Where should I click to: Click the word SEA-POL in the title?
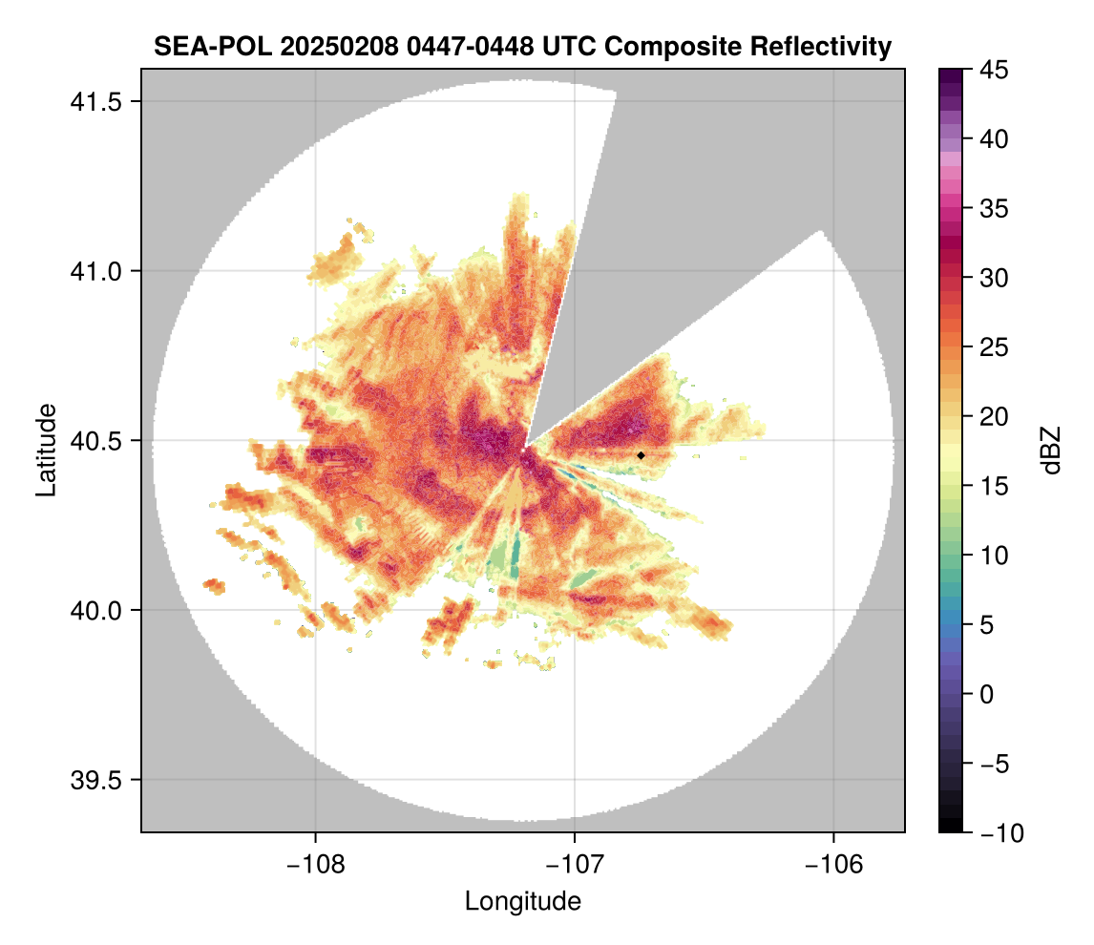pos(199,46)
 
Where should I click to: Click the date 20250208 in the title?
pos(299,46)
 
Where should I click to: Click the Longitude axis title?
pos(522,901)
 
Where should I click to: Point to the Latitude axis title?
pos(45,449)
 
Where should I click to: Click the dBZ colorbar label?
pos(1051,451)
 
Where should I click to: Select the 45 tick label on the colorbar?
pos(996,71)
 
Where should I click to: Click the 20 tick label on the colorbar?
pos(996,417)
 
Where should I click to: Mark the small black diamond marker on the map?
pos(641,456)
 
